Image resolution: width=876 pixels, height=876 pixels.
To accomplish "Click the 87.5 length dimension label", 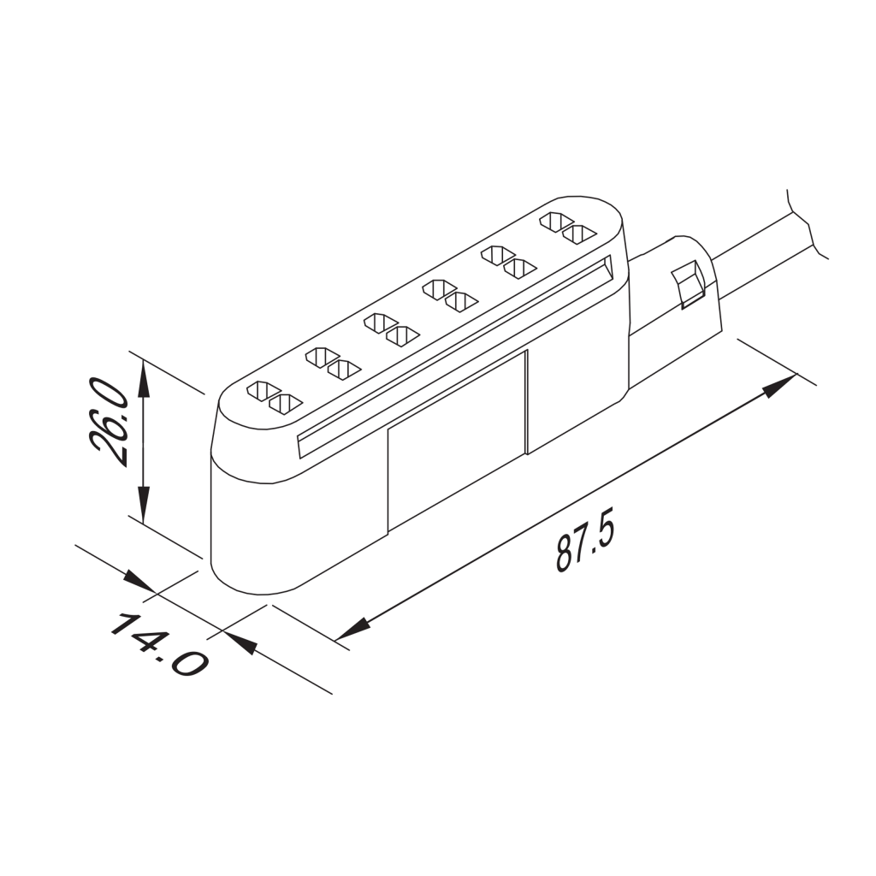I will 585,542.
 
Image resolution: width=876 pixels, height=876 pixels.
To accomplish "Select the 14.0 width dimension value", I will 157,643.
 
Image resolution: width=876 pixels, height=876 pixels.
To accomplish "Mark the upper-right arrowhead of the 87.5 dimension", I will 779,385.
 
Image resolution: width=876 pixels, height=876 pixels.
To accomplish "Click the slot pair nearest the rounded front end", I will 275,396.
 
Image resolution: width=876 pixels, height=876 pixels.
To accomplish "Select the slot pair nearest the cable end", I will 566,227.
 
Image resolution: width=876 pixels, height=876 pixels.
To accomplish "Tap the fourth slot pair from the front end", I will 450,295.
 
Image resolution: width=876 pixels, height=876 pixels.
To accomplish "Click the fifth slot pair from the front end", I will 508,261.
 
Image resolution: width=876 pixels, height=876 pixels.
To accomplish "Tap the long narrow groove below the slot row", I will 453,351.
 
